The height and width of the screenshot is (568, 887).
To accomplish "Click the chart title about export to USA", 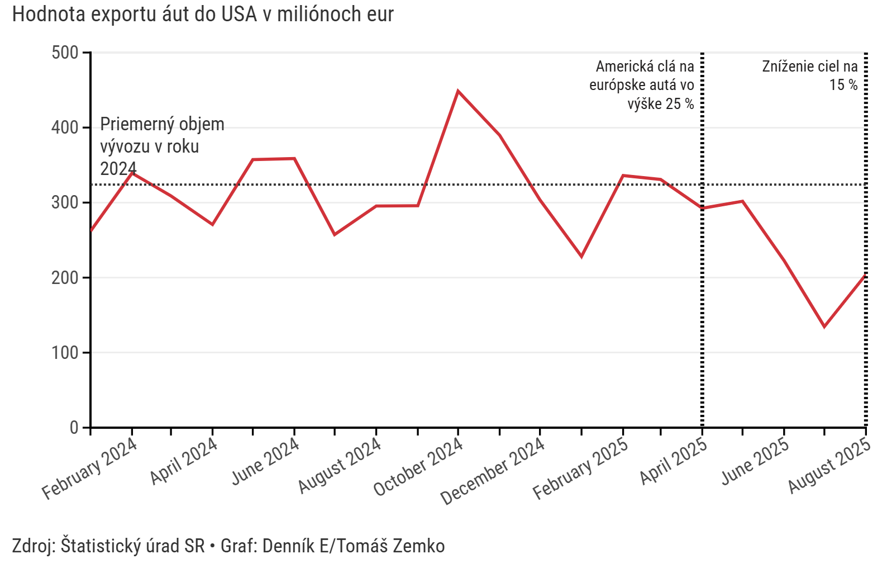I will click(203, 15).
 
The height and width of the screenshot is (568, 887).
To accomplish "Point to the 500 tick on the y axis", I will click(65, 53).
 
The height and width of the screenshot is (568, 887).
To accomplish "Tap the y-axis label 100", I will click(65, 353).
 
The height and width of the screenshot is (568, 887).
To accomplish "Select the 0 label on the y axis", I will click(74, 428).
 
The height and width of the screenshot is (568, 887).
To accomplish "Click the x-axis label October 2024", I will click(418, 467).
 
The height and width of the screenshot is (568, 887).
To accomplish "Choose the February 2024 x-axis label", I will click(89, 468).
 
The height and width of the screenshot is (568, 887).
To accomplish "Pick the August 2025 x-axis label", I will click(829, 466).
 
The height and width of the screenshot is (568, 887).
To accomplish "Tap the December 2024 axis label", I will click(492, 471).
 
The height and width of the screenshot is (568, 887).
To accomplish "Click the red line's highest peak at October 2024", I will click(458, 91).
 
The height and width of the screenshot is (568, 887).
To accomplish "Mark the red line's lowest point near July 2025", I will click(824, 327).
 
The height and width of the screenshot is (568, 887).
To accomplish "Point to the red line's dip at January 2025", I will click(581, 257).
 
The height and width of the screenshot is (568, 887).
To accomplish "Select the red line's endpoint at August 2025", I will click(865, 275).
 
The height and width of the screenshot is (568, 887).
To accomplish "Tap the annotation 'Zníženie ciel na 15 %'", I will click(810, 75).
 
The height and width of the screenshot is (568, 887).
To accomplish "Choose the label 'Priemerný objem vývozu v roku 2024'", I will click(162, 146).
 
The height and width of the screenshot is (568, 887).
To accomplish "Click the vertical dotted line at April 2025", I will click(702, 307).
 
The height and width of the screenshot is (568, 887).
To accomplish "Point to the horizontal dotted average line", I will click(391, 184).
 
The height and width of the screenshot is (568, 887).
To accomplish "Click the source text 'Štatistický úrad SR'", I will click(133, 546).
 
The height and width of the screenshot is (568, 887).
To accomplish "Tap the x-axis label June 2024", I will click(265, 461).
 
